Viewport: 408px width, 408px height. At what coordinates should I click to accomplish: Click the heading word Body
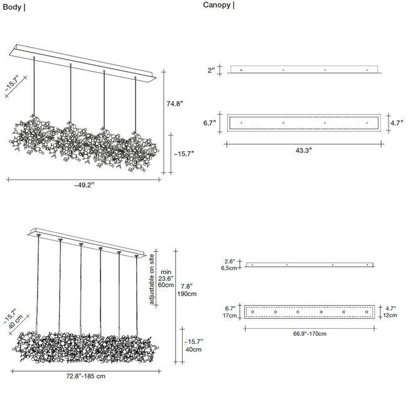tap(11, 8)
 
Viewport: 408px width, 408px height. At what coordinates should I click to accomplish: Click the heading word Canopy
tap(216, 5)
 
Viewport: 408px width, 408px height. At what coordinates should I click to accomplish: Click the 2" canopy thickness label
tap(212, 70)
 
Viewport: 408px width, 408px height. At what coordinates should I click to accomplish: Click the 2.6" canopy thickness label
tap(230, 261)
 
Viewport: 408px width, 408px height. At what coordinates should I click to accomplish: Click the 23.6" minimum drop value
tap(166, 278)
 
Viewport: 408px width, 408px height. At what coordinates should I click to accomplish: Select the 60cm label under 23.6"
tap(166, 285)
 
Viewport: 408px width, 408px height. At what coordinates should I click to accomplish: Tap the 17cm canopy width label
tap(230, 316)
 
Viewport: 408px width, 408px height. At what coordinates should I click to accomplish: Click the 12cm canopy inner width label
tap(390, 315)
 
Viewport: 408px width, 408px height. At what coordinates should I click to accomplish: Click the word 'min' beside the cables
tap(166, 271)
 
